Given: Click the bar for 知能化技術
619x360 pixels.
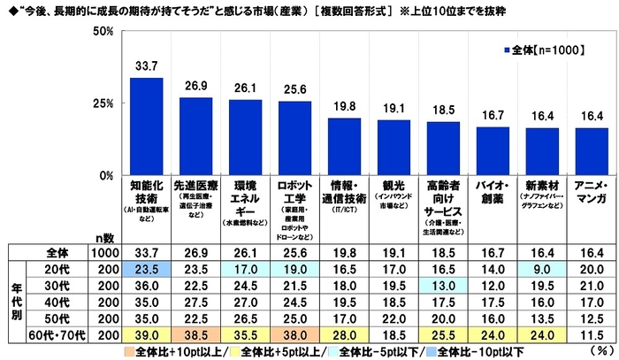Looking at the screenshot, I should pos(146,126).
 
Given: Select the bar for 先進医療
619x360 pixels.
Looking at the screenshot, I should pos(195,136).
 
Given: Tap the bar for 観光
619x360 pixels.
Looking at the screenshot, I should pos(394,148).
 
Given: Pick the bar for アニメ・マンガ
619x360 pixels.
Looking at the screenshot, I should pos(592,151).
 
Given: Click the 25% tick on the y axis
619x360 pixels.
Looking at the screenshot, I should pos(103,103).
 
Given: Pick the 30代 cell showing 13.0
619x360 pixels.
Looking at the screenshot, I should pos(443,286).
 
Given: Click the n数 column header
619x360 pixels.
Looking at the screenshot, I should pos(104,238).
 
